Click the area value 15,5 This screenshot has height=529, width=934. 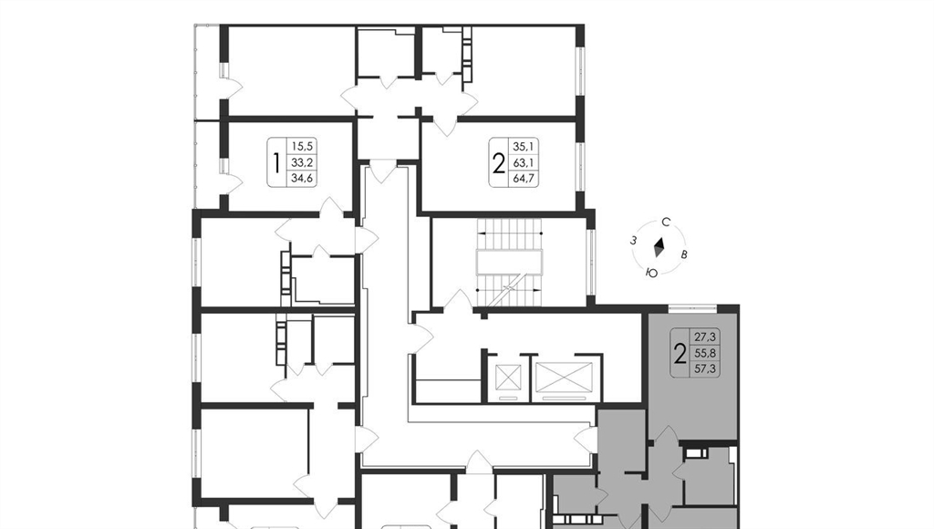(302, 146)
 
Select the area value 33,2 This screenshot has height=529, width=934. (302, 161)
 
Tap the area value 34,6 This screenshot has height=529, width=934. (302, 178)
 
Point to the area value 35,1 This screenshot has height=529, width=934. (524, 146)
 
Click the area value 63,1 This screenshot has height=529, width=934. (524, 161)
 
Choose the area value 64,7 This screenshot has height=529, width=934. (524, 178)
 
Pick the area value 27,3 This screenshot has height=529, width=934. (705, 337)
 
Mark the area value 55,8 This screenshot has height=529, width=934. (705, 353)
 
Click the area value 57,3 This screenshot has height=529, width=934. (705, 368)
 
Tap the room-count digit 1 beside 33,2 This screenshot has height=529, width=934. (276, 162)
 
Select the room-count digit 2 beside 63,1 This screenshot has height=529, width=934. (499, 162)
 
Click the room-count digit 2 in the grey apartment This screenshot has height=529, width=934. (680, 353)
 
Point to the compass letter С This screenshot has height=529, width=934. (666, 223)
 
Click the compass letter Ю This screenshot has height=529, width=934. (651, 273)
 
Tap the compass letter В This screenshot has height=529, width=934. (684, 255)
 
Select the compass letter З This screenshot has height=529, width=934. (635, 241)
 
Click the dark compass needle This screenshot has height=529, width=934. (659, 248)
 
